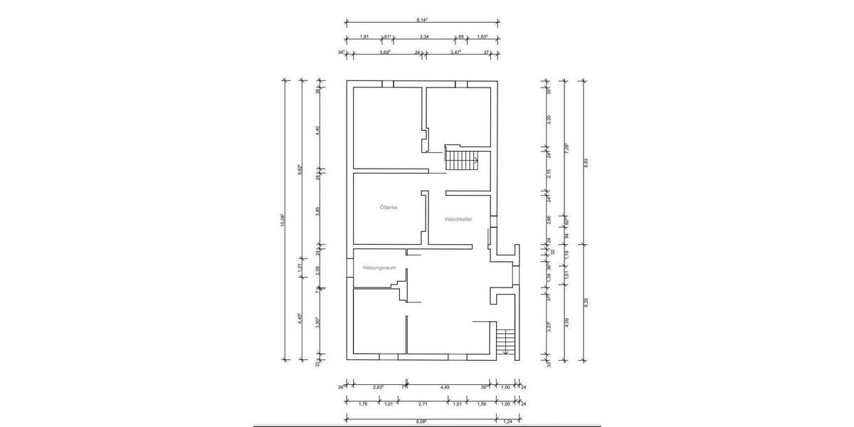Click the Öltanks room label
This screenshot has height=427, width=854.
click(x=389, y=208)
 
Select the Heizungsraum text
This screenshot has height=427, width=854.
click(x=379, y=268)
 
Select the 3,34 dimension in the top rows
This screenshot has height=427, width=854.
click(x=423, y=36)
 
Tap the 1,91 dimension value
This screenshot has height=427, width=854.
click(x=363, y=36)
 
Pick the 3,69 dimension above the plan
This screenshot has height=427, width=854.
click(x=385, y=52)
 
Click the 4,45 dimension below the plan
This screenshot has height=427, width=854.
click(x=445, y=387)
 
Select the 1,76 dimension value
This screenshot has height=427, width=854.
click(x=362, y=404)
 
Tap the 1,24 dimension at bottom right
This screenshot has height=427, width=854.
click(x=508, y=421)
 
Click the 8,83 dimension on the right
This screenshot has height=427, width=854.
click(x=586, y=162)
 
